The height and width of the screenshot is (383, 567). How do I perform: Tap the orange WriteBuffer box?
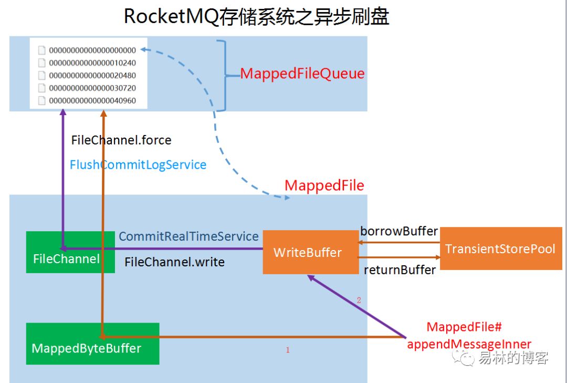[x=310, y=252]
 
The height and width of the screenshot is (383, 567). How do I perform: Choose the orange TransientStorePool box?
[x=500, y=249]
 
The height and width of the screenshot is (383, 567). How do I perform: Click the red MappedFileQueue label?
[x=302, y=74]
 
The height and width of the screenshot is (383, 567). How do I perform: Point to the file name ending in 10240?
[x=92, y=63]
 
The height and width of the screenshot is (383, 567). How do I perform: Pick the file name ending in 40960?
[x=92, y=100]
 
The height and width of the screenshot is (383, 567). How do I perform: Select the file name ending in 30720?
[x=92, y=88]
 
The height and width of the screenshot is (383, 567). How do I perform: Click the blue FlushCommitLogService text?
[x=138, y=165]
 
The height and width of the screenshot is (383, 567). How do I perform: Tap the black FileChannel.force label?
[x=121, y=140]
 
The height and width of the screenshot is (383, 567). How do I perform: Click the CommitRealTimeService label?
[x=189, y=236]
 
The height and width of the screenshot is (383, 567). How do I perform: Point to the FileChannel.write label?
[x=174, y=262]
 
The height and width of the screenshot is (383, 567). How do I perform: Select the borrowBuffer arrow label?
[x=399, y=232]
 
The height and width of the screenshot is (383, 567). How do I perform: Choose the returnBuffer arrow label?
[x=400, y=270]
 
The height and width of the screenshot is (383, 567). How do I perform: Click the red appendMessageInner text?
[x=469, y=345]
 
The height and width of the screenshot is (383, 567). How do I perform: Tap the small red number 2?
[x=359, y=301]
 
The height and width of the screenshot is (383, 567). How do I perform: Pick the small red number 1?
[x=288, y=350]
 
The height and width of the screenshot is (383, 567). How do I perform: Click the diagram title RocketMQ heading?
[x=256, y=17]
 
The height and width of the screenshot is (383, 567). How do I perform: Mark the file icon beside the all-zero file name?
[x=42, y=50]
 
